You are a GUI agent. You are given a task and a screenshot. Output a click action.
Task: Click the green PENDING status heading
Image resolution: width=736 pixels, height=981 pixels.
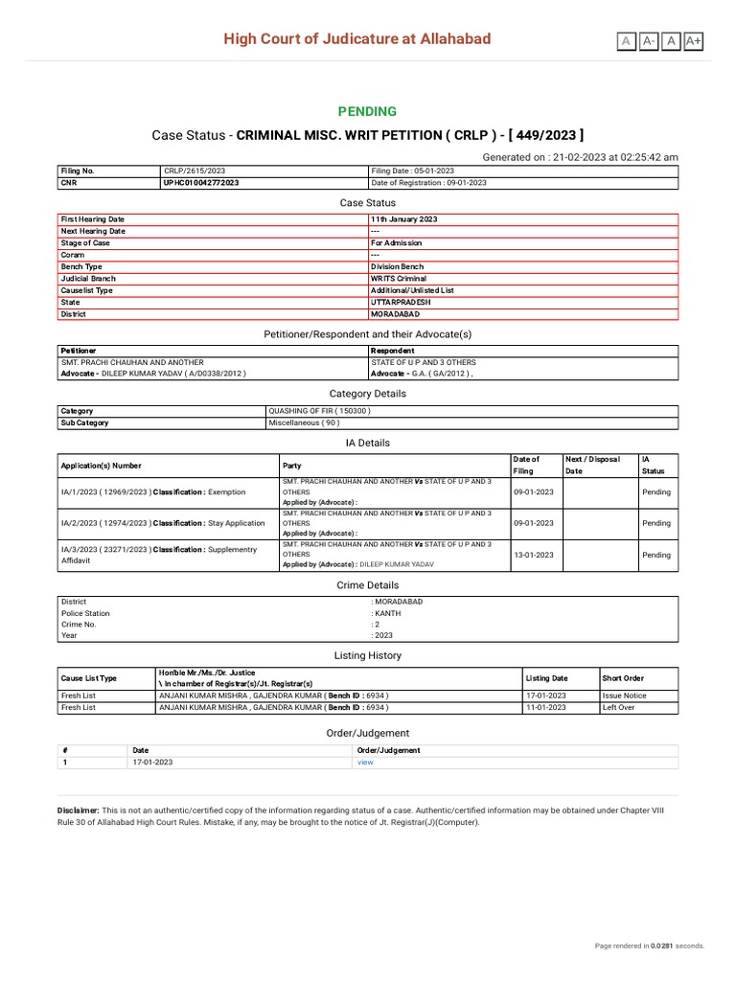[367, 112]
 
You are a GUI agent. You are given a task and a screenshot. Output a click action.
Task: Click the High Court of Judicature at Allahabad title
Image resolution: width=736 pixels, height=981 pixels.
[356, 39]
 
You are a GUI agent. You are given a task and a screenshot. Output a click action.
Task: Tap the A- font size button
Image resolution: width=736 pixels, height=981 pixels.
[649, 40]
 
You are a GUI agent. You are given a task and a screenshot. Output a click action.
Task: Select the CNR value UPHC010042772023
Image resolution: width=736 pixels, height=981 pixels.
[202, 182]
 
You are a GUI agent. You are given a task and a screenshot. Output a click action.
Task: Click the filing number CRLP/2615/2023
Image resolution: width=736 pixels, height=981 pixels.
[195, 171]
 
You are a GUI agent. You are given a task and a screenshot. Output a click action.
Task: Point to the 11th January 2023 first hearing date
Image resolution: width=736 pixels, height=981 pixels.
[403, 219]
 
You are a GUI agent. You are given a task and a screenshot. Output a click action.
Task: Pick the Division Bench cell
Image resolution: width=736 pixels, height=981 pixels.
[397, 266]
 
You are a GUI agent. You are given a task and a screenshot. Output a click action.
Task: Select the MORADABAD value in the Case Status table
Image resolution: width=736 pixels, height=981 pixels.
[396, 313]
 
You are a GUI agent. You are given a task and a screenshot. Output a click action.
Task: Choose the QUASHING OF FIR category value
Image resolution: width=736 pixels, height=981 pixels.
[319, 411]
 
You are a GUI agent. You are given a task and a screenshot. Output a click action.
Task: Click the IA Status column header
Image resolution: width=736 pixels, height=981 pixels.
[653, 465]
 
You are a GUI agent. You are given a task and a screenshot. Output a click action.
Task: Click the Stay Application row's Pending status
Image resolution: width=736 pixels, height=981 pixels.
[656, 523]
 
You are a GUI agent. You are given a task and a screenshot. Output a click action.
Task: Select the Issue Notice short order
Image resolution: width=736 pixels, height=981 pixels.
[624, 696]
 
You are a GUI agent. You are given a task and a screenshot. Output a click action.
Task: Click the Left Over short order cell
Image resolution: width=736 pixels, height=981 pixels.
[618, 707]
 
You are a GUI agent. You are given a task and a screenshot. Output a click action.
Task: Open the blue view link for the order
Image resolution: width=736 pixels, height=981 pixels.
[364, 763]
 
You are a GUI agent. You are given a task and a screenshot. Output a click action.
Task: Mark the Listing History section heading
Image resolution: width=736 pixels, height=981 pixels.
[367, 655]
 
